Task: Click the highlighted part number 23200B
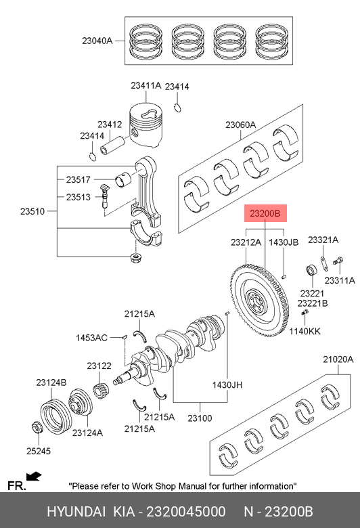click(265, 213)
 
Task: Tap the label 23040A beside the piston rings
click(97, 41)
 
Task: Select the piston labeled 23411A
click(145, 125)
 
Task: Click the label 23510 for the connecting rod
click(32, 211)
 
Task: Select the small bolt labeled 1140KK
click(305, 313)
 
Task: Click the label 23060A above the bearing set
click(240, 125)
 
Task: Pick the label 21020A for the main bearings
click(338, 359)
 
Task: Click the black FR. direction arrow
click(34, 477)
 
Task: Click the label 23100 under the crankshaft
click(200, 418)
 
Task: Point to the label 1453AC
click(91, 338)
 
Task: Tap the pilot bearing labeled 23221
click(311, 270)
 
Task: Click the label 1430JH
click(227, 384)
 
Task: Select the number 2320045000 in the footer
click(186, 512)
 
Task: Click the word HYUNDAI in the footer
click(76, 512)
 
